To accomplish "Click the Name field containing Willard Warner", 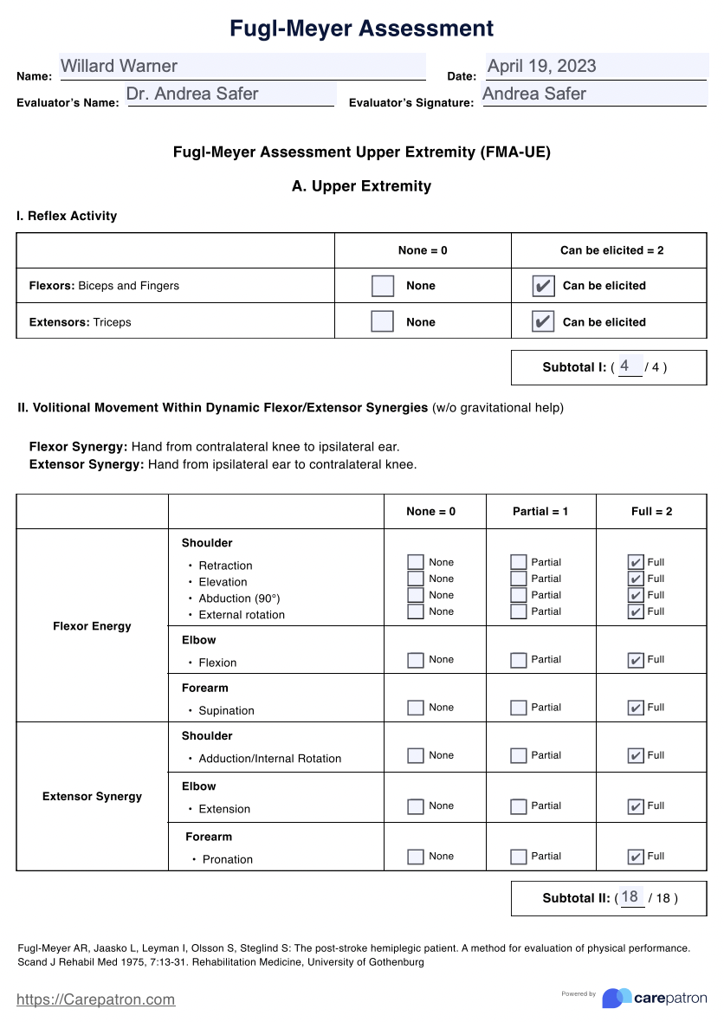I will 242,67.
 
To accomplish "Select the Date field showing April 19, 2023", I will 595,67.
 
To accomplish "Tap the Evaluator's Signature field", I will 594,94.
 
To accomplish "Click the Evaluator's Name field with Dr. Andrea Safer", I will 230,94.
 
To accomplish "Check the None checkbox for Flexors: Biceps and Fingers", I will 382,286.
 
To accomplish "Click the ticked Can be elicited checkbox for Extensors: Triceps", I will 542,322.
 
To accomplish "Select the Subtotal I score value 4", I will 627,366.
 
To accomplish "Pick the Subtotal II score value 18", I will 630,897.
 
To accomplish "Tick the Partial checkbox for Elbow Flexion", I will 518,660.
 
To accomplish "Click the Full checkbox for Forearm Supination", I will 635,708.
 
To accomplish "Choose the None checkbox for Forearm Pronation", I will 416,857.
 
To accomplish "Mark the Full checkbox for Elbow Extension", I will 635,806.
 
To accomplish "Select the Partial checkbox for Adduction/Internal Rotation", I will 518,756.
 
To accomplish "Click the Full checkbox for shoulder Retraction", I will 635,562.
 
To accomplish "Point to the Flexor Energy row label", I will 92,626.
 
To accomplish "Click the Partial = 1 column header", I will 540,512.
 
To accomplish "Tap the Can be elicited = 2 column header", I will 611,250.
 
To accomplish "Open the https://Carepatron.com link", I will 96,999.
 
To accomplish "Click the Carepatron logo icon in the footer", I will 616,999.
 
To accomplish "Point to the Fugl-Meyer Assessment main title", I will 361,29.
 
